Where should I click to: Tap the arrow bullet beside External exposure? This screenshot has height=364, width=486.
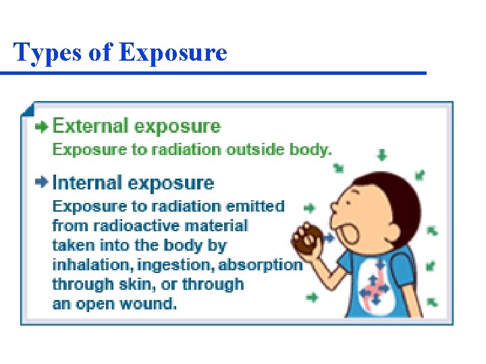coord(42,126)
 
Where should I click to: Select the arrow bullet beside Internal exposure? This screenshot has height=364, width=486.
coord(42,183)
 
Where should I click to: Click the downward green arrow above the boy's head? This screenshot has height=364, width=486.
coord(382,156)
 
